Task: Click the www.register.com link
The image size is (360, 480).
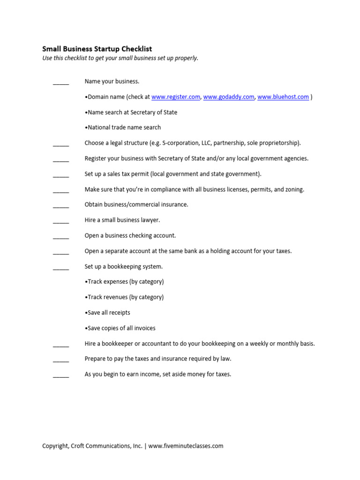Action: tap(176, 97)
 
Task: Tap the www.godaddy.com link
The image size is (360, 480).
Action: tap(229, 97)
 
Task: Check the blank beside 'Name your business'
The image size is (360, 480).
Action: tap(61, 82)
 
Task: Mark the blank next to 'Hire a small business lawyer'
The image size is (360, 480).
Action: tap(61, 221)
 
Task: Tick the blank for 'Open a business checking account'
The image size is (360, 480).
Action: tap(61, 237)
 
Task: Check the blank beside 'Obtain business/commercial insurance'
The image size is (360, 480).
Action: tap(61, 206)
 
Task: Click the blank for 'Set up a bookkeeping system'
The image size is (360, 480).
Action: tap(61, 268)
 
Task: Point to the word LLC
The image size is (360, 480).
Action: tap(205, 143)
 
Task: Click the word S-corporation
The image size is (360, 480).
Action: tap(180, 143)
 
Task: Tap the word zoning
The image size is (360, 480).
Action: tap(294, 189)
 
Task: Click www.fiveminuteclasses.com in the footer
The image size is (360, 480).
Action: tap(186, 446)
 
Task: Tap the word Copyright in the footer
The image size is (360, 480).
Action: tap(55, 446)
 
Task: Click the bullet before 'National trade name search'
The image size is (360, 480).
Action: tap(86, 127)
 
